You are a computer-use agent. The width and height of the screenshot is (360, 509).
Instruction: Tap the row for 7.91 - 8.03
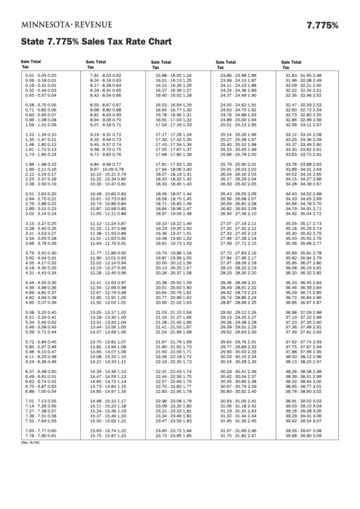pos(105,75)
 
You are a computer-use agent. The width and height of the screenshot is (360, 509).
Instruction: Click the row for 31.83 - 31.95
pos(304,75)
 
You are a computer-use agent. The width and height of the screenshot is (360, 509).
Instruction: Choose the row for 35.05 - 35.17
pos(304,223)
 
